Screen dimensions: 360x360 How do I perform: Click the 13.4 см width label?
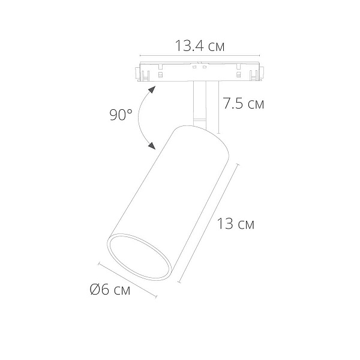(200, 46)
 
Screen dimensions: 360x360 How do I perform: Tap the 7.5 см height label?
(244, 103)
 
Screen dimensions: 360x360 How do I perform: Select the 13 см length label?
(236, 224)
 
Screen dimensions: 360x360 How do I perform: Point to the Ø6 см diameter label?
(110, 289)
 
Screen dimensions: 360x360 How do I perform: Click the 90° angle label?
(121, 115)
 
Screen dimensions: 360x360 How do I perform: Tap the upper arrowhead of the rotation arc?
(152, 89)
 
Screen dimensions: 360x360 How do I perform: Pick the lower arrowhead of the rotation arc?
(152, 146)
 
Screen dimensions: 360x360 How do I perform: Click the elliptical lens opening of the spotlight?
(139, 257)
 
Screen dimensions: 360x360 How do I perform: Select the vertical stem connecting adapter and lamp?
(200, 104)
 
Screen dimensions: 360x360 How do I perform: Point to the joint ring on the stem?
(200, 119)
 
